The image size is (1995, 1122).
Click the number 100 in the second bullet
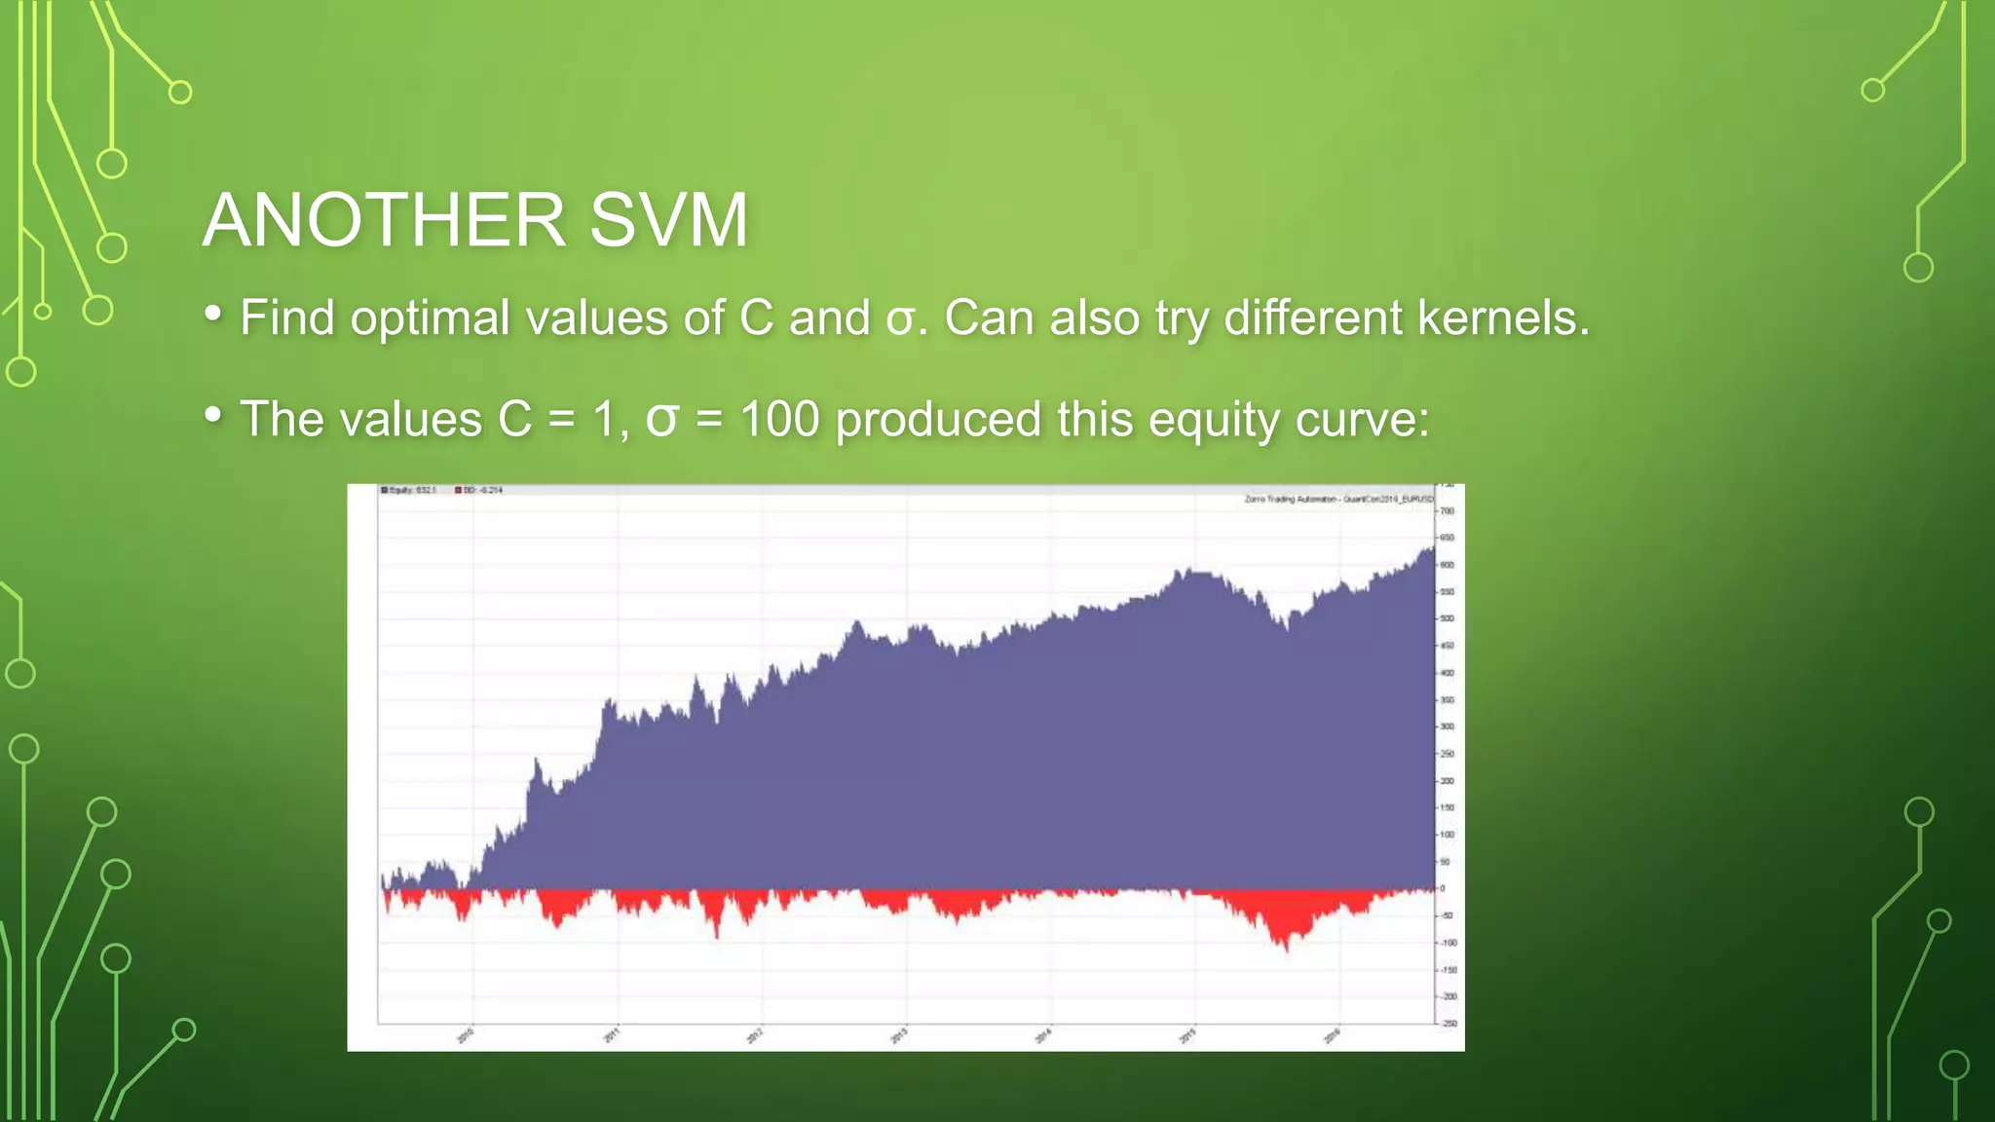[x=779, y=419]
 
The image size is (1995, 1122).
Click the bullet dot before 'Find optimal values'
[x=213, y=315]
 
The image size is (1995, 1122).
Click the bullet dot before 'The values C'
[x=213, y=416]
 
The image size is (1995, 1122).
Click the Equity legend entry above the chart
[x=409, y=490]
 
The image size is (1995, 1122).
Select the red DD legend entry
[x=479, y=490]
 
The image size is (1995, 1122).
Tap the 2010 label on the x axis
[x=466, y=1035]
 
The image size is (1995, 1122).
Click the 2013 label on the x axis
[x=899, y=1035]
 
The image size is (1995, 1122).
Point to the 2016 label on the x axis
[x=1332, y=1035]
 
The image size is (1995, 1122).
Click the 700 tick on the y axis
[x=1448, y=511]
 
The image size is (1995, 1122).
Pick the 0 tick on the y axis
[x=1443, y=888]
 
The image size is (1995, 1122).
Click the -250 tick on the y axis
[x=1449, y=1024]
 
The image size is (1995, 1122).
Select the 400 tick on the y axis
[x=1448, y=673]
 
